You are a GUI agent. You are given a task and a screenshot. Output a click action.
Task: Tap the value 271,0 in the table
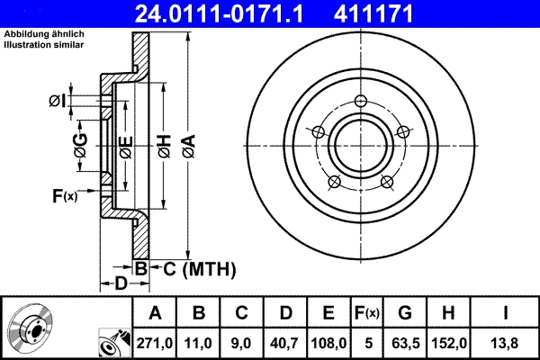[154, 342]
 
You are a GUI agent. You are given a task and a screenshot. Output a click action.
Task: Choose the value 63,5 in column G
[405, 342]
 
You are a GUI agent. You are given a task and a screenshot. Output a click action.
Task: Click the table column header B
[199, 313]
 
